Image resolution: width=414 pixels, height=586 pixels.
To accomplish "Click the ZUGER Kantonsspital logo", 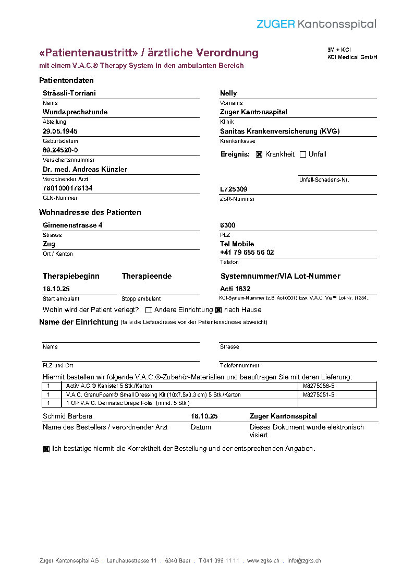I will (316, 24).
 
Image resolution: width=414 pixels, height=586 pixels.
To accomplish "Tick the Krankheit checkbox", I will (259, 154).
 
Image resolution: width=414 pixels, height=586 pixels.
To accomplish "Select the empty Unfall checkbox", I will (303, 154).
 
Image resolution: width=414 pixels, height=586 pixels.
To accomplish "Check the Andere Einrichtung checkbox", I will (149, 310).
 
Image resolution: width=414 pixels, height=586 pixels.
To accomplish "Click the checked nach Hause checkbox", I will (218, 310).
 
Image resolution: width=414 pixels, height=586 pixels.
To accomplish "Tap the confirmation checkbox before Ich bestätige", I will (46, 449).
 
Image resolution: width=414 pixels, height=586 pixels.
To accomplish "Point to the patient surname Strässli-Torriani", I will (69, 93).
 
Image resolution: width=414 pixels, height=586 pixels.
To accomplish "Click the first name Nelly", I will (228, 93).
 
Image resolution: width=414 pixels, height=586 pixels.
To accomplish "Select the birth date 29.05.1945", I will (60, 131).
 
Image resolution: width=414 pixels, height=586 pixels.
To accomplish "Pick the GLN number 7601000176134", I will (68, 188).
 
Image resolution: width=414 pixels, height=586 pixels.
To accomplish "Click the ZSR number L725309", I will (234, 189).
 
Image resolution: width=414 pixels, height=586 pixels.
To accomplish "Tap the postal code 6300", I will (228, 225).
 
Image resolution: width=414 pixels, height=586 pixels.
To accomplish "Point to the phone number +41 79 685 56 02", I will (247, 253).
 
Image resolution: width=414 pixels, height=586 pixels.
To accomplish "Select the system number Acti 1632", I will (235, 289).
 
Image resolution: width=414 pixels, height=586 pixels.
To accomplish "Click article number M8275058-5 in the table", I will (318, 386).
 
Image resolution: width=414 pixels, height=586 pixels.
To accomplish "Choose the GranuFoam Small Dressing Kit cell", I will (153, 395).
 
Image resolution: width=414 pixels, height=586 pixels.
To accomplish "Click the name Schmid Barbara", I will (67, 416).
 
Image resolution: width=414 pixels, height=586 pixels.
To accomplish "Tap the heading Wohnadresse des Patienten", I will (90, 212).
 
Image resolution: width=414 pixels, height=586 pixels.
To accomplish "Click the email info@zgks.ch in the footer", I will (304, 561).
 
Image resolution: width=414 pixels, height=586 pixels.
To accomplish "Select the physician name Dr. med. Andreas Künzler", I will (84, 170).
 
